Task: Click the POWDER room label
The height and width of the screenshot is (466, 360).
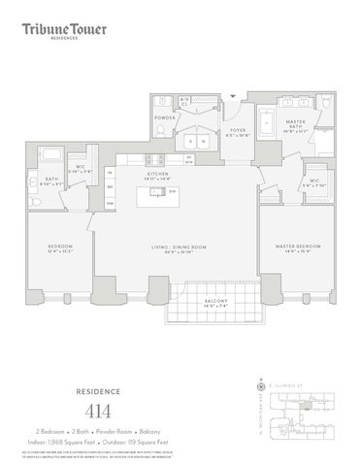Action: (x=164, y=116)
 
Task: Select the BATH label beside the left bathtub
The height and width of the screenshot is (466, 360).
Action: (x=49, y=181)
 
